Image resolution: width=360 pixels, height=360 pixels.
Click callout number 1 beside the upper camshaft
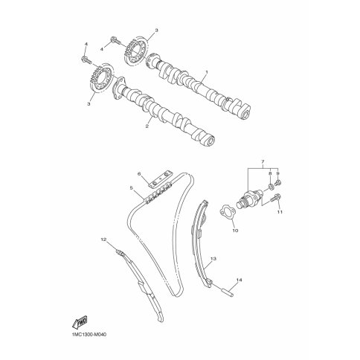(x=206, y=72)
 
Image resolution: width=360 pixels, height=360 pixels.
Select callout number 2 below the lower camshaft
(x=147, y=126)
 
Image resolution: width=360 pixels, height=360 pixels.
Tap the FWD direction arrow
(x=80, y=321)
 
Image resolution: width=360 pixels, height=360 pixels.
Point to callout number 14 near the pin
(x=239, y=280)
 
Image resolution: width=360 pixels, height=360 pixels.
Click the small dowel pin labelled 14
(x=228, y=292)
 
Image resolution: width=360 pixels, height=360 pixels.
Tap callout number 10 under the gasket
(x=235, y=231)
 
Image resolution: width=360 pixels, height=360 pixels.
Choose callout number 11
(x=280, y=212)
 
